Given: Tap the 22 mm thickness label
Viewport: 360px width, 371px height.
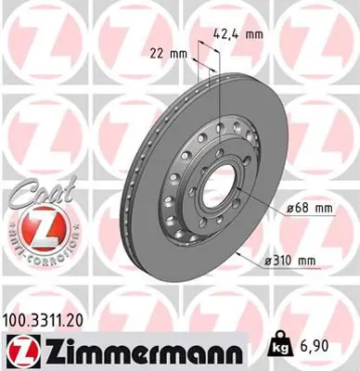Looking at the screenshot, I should click(x=166, y=53).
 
